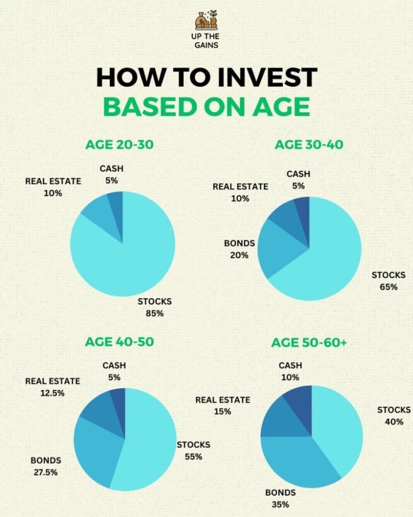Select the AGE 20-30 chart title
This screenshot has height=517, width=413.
point(119,145)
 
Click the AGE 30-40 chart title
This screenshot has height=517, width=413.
point(309,144)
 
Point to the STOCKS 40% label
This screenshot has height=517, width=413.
point(394,416)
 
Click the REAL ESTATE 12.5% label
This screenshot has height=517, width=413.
point(53,387)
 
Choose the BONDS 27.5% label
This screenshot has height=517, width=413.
point(45,466)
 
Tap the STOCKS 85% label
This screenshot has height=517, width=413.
point(154,307)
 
